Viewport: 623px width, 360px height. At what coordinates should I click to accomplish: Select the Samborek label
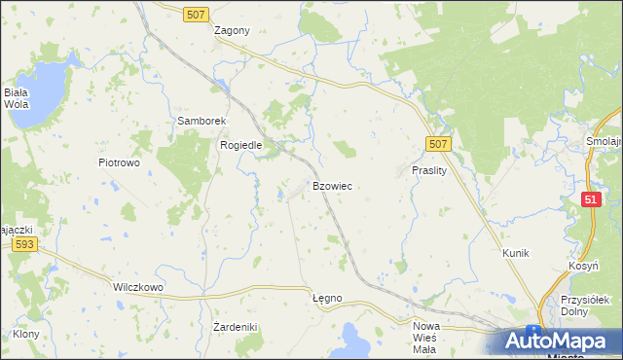point(201,121)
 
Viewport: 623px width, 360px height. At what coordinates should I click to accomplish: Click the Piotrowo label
point(119,162)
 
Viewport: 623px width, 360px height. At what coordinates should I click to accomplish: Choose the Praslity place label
point(428,169)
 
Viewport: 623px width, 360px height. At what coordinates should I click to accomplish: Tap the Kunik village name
point(515,253)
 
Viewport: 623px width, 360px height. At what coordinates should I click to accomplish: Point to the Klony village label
point(26,334)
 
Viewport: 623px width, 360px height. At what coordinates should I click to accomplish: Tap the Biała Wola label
point(16,98)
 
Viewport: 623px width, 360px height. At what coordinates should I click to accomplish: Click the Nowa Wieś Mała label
point(425,338)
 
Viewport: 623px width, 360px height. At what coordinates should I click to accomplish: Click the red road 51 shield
point(591,198)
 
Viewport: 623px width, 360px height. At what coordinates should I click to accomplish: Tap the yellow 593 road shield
point(25,245)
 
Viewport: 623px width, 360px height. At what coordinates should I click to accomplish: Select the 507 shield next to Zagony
point(196,12)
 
